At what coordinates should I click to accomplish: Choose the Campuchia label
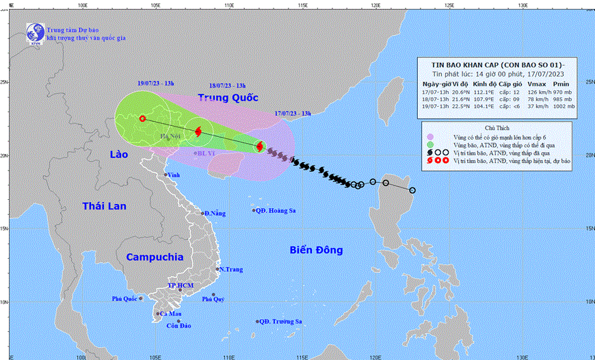[155, 257]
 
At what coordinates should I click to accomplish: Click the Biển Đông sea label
[316, 250]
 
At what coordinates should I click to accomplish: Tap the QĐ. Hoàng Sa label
[277, 211]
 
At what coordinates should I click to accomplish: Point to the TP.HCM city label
[181, 285]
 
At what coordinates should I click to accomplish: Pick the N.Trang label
[232, 270]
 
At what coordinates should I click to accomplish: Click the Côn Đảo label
[178, 326]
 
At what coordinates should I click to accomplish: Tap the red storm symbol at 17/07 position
[260, 146]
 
